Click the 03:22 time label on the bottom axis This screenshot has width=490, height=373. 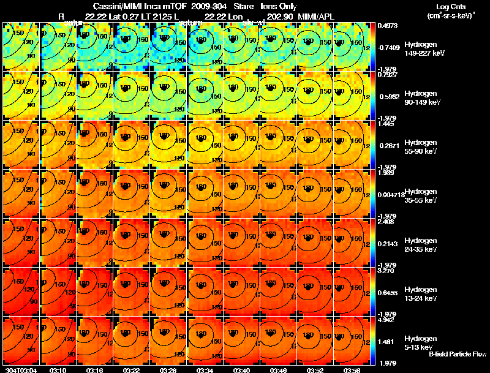click(x=131, y=371)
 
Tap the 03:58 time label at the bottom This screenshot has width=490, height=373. click(x=351, y=371)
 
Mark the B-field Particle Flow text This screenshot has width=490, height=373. click(x=458, y=354)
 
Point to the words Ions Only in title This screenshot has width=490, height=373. click(x=278, y=6)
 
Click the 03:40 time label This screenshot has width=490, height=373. click(x=241, y=371)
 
